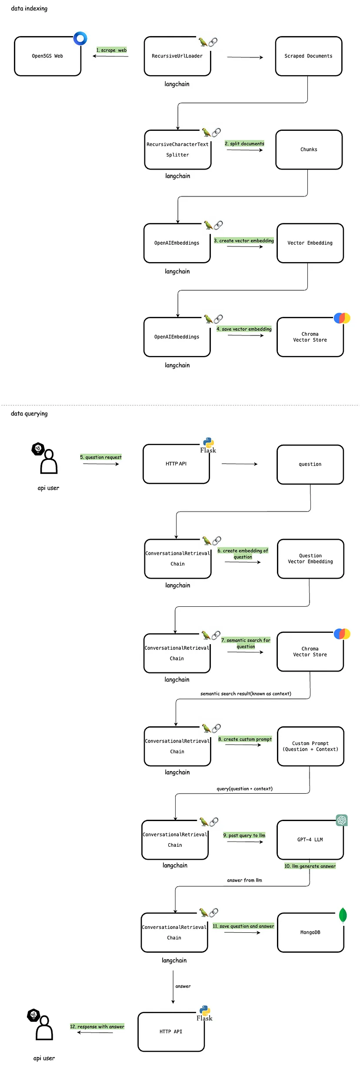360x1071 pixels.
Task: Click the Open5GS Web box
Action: click(48, 56)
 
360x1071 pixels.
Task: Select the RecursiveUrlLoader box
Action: click(177, 56)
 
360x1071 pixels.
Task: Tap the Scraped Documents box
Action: click(309, 56)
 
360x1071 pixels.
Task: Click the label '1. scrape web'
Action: click(111, 50)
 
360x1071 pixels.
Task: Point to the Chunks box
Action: click(309, 150)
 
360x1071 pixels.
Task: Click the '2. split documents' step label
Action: click(244, 143)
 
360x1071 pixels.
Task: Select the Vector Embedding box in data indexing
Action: click(310, 243)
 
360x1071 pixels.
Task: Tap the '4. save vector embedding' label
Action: click(244, 329)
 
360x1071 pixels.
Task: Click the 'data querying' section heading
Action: click(29, 413)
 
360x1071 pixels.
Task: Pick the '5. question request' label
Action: click(101, 457)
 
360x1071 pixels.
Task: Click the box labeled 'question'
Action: click(310, 465)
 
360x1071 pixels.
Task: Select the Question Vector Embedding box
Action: click(311, 559)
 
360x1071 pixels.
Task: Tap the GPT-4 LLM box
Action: click(310, 840)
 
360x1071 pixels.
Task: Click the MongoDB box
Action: click(311, 932)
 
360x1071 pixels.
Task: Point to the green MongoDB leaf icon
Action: click(343, 915)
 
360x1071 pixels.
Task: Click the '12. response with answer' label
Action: click(97, 1026)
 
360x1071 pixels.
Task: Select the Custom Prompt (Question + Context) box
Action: click(311, 746)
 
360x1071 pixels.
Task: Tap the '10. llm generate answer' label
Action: click(310, 866)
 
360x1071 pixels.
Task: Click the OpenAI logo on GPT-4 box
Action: click(342, 820)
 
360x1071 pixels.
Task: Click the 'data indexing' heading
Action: click(29, 8)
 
